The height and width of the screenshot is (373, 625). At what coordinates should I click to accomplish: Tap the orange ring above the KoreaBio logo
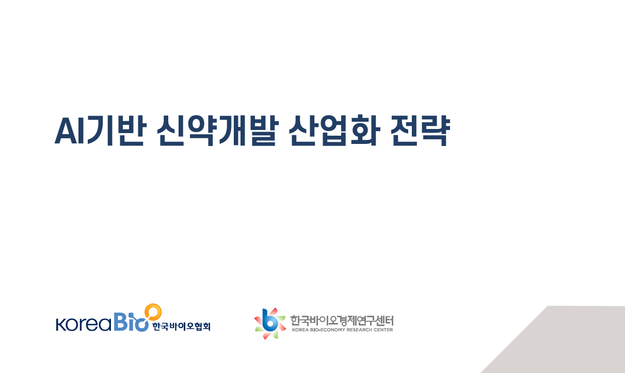pyautogui.click(x=153, y=312)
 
